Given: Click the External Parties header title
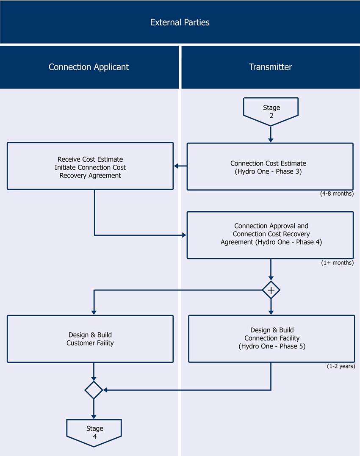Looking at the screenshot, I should (x=180, y=22).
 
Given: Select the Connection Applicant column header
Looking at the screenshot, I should (x=89, y=67).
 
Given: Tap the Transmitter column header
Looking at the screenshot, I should (x=270, y=67).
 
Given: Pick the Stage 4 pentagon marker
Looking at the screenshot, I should (x=94, y=432).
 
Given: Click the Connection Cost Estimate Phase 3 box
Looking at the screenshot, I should (x=270, y=166).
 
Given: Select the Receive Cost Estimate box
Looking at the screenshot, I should (x=90, y=166).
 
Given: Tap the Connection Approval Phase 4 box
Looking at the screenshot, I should (x=270, y=235).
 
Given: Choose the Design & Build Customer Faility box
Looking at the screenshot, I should (x=90, y=339).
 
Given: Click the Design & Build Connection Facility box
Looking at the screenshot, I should (x=271, y=339).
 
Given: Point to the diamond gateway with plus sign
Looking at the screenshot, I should (x=271, y=290).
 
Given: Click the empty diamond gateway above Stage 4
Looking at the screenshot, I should (x=94, y=390).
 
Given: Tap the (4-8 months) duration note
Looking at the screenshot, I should (x=337, y=194).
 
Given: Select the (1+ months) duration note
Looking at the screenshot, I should (x=337, y=263).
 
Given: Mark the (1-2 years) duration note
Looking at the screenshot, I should (x=341, y=366).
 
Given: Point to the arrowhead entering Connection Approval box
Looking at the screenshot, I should (x=184, y=235).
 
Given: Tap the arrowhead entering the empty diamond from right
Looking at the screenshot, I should (x=105, y=390).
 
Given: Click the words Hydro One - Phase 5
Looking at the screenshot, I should (x=271, y=346).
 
